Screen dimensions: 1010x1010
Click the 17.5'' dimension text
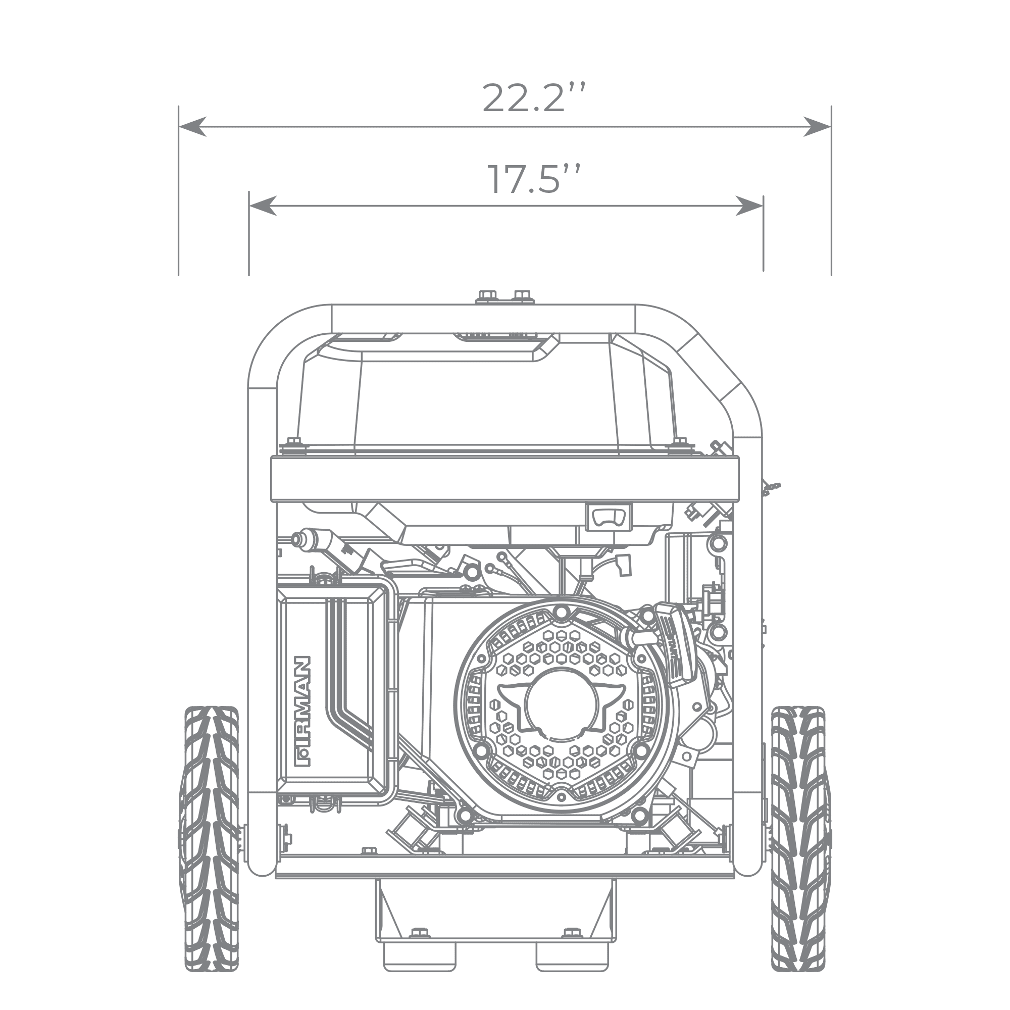tap(534, 179)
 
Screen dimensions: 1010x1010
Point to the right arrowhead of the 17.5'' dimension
tap(749, 206)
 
